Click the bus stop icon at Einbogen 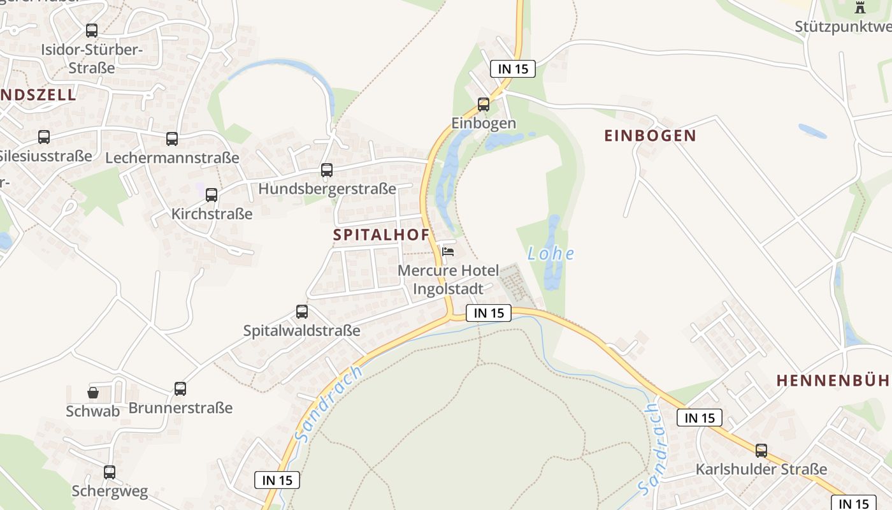tap(484, 105)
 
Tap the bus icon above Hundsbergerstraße tap(327, 170)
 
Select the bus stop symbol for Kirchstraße tap(212, 195)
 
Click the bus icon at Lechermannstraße tap(172, 139)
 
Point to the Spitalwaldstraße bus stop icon tap(302, 312)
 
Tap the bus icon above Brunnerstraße tap(180, 389)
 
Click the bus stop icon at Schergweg tap(110, 472)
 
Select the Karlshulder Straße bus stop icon tap(761, 451)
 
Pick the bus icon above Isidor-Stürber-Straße tap(92, 31)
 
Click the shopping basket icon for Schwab tap(93, 392)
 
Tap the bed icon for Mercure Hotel tap(448, 252)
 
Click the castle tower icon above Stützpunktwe tap(860, 8)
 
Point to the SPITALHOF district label tap(381, 235)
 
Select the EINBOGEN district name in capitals tap(650, 136)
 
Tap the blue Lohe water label tap(550, 254)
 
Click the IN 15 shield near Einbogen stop tap(513, 69)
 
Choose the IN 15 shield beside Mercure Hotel tap(489, 313)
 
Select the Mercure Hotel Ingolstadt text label tap(448, 280)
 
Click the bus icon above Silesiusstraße tap(44, 137)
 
